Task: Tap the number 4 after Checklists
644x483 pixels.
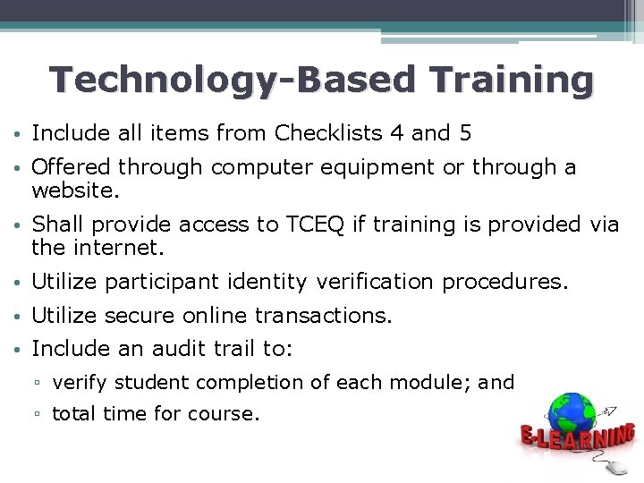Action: point(396,133)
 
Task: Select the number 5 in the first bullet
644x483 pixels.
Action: point(464,133)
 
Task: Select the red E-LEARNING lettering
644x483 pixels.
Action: point(577,439)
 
